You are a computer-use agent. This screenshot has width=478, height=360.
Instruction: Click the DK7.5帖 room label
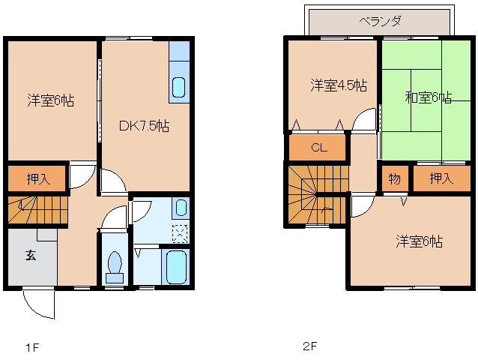(144, 125)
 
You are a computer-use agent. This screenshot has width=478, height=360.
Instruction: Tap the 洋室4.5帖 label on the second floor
(339, 85)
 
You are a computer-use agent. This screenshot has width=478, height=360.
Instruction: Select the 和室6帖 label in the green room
(429, 97)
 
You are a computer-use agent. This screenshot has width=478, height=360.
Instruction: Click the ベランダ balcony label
(380, 21)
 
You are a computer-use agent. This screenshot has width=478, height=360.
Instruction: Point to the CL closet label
(319, 148)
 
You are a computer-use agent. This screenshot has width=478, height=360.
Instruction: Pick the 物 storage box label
(395, 178)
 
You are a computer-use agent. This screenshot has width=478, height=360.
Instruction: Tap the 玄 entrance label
(31, 255)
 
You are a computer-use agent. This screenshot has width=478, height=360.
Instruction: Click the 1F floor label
(32, 347)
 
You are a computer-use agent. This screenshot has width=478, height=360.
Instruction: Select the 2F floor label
(310, 346)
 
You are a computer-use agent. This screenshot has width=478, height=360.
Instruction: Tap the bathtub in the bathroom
(176, 267)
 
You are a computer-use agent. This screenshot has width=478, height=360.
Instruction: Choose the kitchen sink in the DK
(178, 87)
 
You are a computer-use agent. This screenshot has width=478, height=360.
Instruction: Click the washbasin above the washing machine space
(181, 208)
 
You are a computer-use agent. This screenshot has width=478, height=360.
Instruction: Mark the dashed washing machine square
(180, 234)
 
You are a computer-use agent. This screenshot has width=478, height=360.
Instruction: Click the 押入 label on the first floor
(38, 178)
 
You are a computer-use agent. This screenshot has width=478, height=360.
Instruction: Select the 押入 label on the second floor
(441, 178)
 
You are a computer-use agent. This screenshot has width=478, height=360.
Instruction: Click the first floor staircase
(37, 210)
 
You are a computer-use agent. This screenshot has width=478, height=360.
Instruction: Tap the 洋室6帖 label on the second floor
(419, 241)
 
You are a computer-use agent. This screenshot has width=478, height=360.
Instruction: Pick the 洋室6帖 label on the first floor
(51, 100)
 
